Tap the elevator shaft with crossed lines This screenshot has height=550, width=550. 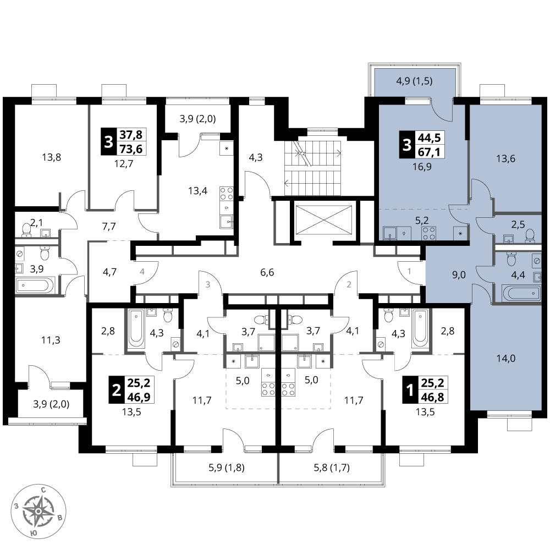(323, 219)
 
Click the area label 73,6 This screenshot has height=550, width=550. (131, 149)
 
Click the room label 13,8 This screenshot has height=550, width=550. (52, 157)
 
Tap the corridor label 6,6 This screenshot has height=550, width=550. (267, 272)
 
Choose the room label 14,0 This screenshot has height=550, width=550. (506, 359)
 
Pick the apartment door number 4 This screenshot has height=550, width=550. (142, 271)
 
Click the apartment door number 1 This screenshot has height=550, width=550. (409, 271)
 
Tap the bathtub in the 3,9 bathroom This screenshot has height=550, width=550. (35, 285)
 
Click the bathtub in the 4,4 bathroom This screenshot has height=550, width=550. (521, 293)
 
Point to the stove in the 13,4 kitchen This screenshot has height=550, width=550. (227, 194)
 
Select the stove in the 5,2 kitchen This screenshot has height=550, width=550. (428, 233)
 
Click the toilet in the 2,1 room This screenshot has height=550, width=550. (26, 230)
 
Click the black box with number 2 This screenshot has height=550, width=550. (116, 390)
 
